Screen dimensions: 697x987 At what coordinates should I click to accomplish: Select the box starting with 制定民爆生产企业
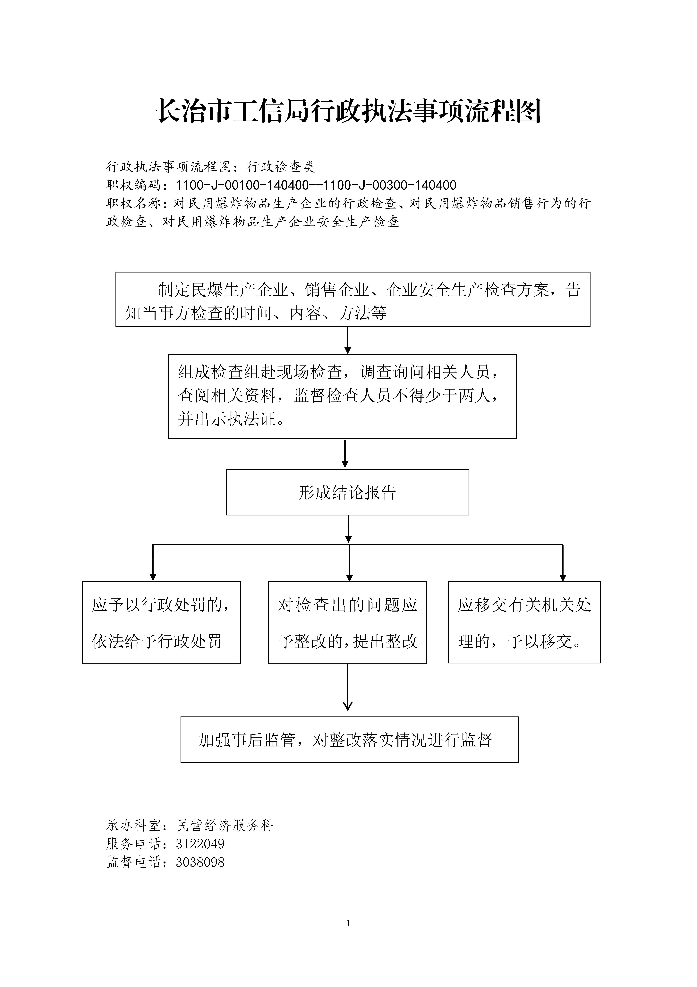pyautogui.click(x=353, y=299)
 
